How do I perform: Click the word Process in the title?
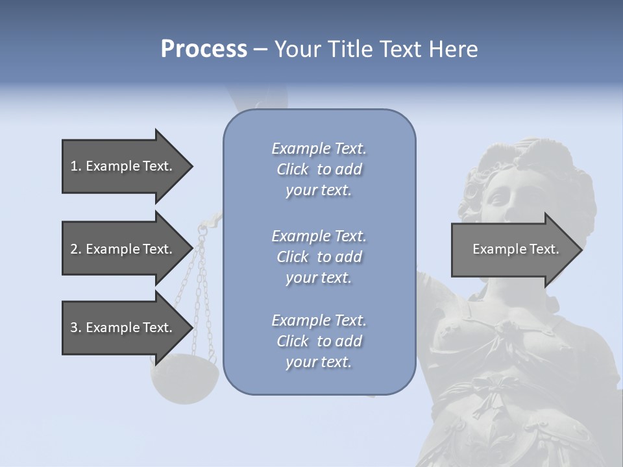(x=204, y=49)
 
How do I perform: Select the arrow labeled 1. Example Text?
(x=123, y=166)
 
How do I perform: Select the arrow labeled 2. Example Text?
(x=123, y=249)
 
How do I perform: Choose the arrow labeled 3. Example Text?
(x=123, y=328)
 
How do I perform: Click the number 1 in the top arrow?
(x=74, y=166)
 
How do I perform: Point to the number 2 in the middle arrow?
(x=74, y=249)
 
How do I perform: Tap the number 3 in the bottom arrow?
(x=74, y=328)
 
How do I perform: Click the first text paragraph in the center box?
(x=319, y=169)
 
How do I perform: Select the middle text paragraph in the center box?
(x=319, y=257)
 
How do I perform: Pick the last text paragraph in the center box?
(x=319, y=341)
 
